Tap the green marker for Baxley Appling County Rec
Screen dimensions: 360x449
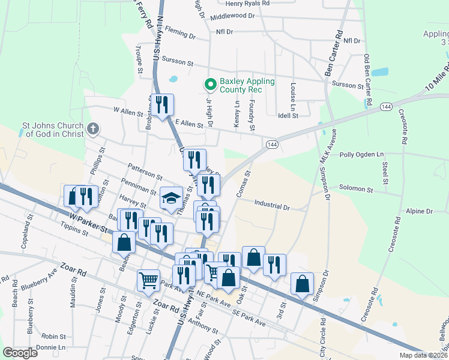[210, 85]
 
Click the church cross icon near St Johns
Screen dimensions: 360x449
[92, 128]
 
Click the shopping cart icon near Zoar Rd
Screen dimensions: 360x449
[148, 280]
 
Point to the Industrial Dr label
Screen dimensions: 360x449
[272, 206]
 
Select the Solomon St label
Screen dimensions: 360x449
[357, 189]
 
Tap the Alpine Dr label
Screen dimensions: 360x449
[419, 211]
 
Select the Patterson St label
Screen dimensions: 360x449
[145, 171]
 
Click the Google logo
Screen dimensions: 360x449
[20, 353]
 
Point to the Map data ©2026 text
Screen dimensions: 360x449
[424, 355]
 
